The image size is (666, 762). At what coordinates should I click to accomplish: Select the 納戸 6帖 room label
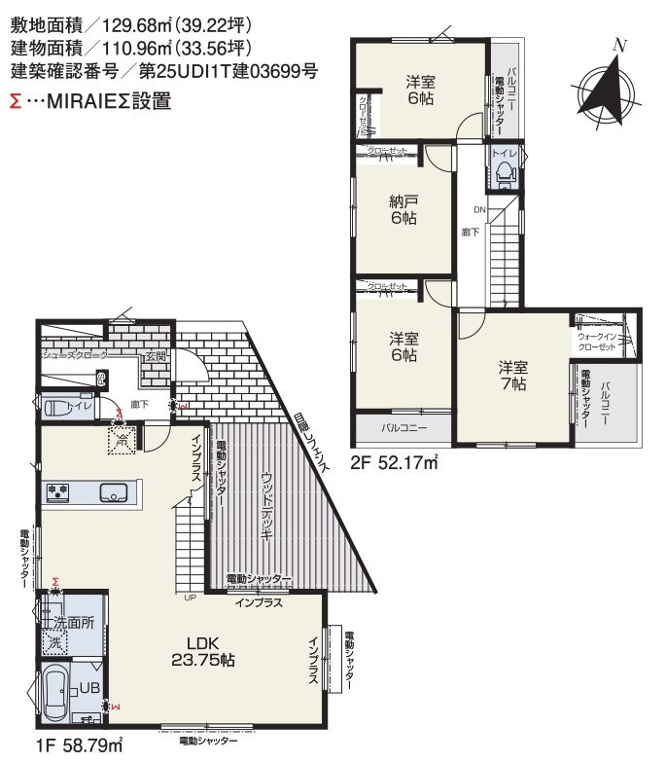tap(403, 210)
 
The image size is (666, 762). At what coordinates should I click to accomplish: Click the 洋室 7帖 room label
tap(513, 376)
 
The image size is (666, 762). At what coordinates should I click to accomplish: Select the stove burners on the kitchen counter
tap(57, 491)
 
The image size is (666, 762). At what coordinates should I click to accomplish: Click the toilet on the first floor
tap(61, 405)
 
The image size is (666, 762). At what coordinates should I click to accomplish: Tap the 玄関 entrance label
tap(156, 357)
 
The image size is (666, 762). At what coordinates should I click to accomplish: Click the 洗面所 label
tap(74, 623)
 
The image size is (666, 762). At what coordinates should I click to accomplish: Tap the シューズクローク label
tap(74, 356)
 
